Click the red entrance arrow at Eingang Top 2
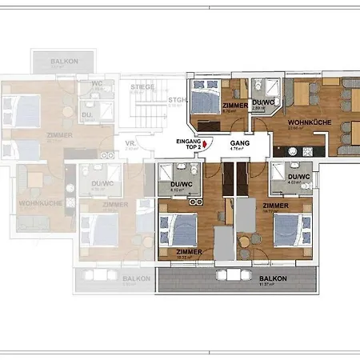[x=207, y=143]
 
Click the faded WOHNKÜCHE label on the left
[x=34, y=203]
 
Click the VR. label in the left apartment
[x=131, y=143]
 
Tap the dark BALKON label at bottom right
[x=271, y=279]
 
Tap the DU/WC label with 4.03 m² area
[x=298, y=177]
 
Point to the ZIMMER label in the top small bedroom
[x=235, y=106]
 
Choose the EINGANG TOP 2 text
[x=189, y=145]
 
